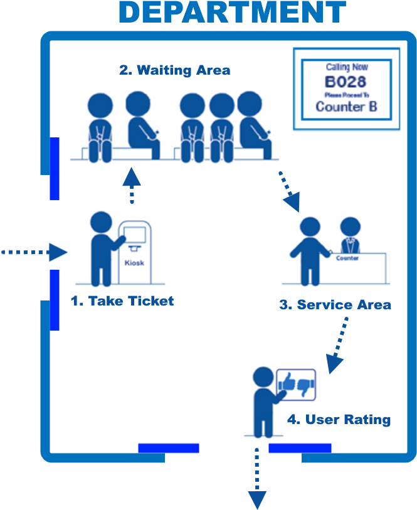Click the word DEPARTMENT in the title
(x=232, y=13)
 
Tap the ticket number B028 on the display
(x=346, y=82)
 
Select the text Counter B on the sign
(x=346, y=106)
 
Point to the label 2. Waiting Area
(x=175, y=70)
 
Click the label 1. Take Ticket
(x=122, y=301)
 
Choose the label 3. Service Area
(x=335, y=305)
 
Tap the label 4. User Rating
(x=339, y=419)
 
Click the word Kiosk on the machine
(x=134, y=263)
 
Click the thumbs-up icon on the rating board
(x=287, y=381)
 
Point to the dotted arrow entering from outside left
(x=34, y=253)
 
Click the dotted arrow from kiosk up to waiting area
(x=132, y=184)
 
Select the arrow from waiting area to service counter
(x=289, y=191)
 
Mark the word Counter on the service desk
(x=347, y=258)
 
